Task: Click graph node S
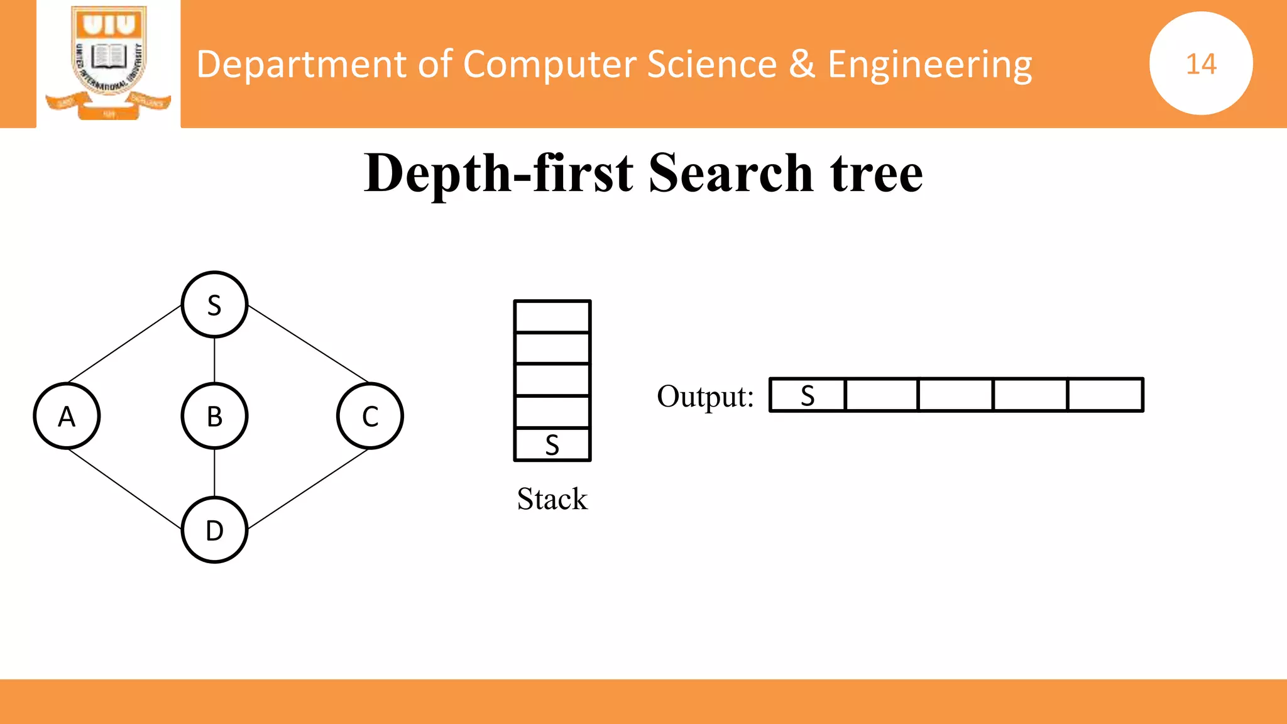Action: click(214, 305)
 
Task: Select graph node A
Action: click(67, 416)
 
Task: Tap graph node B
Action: click(214, 416)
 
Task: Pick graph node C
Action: click(370, 416)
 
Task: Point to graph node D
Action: click(214, 530)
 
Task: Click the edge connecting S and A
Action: click(124, 344)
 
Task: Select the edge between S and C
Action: click(308, 344)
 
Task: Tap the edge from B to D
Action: click(214, 473)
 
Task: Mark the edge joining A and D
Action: click(124, 488)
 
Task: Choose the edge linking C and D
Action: click(308, 488)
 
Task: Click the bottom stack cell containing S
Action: click(552, 445)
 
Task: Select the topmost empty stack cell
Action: click(552, 317)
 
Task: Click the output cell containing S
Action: click(808, 395)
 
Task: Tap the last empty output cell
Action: click(1105, 395)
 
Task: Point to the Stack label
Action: click(552, 499)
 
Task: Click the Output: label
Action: click(705, 397)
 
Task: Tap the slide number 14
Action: click(1201, 63)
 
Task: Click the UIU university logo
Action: click(109, 63)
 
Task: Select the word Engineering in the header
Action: click(929, 65)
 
